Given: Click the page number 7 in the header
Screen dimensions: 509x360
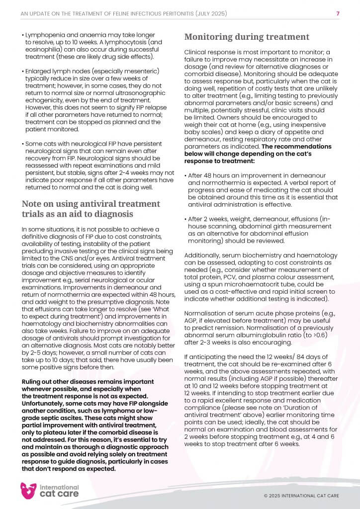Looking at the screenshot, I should click(x=338, y=13).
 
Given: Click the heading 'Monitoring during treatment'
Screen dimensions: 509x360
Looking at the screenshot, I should click(x=247, y=37).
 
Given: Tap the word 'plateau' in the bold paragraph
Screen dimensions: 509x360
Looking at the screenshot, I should click(x=54, y=428).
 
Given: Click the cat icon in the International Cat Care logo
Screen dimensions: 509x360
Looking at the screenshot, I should click(x=28, y=491).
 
